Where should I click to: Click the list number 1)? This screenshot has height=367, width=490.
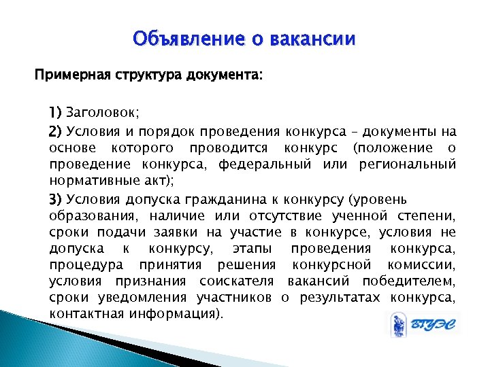pos(55,113)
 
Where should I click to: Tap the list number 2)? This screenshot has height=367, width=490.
pos(56,132)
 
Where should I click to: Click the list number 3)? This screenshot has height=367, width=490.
pos(56,200)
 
